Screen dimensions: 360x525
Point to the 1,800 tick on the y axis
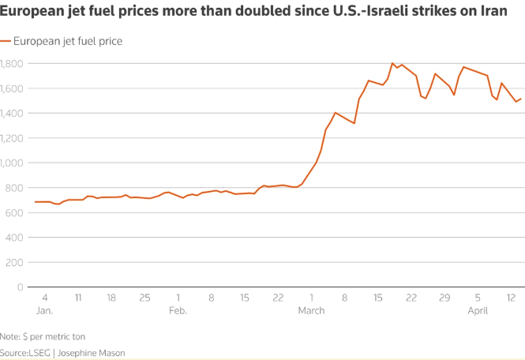click(x=14, y=63)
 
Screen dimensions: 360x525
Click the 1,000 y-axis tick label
click(x=14, y=163)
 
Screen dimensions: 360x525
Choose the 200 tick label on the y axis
click(x=17, y=262)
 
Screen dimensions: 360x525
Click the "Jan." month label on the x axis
click(x=44, y=310)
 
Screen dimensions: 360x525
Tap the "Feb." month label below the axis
click(x=178, y=310)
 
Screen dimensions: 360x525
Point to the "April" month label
click(x=478, y=310)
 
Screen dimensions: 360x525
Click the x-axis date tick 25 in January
click(x=144, y=298)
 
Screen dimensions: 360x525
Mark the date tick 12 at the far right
click(x=512, y=298)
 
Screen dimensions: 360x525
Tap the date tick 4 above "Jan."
click(x=44, y=298)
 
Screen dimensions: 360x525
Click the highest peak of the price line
click(x=392, y=63)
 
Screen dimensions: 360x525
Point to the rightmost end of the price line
click(x=521, y=99)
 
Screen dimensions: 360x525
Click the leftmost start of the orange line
click(x=36, y=202)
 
